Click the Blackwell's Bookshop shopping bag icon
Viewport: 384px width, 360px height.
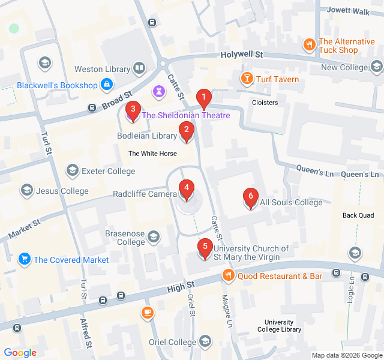click(107, 85)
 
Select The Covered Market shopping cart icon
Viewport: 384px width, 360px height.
click(25, 259)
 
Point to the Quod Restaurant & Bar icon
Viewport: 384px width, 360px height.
click(228, 276)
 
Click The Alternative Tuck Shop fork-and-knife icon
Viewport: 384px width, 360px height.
click(310, 43)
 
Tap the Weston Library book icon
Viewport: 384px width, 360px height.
click(140, 69)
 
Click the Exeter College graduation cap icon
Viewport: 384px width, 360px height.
click(73, 171)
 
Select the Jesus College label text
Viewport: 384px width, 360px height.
click(62, 191)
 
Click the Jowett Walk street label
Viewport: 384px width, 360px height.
click(347, 10)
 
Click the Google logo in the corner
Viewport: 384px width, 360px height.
click(20, 353)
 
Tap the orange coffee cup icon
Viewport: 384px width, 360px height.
click(148, 312)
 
